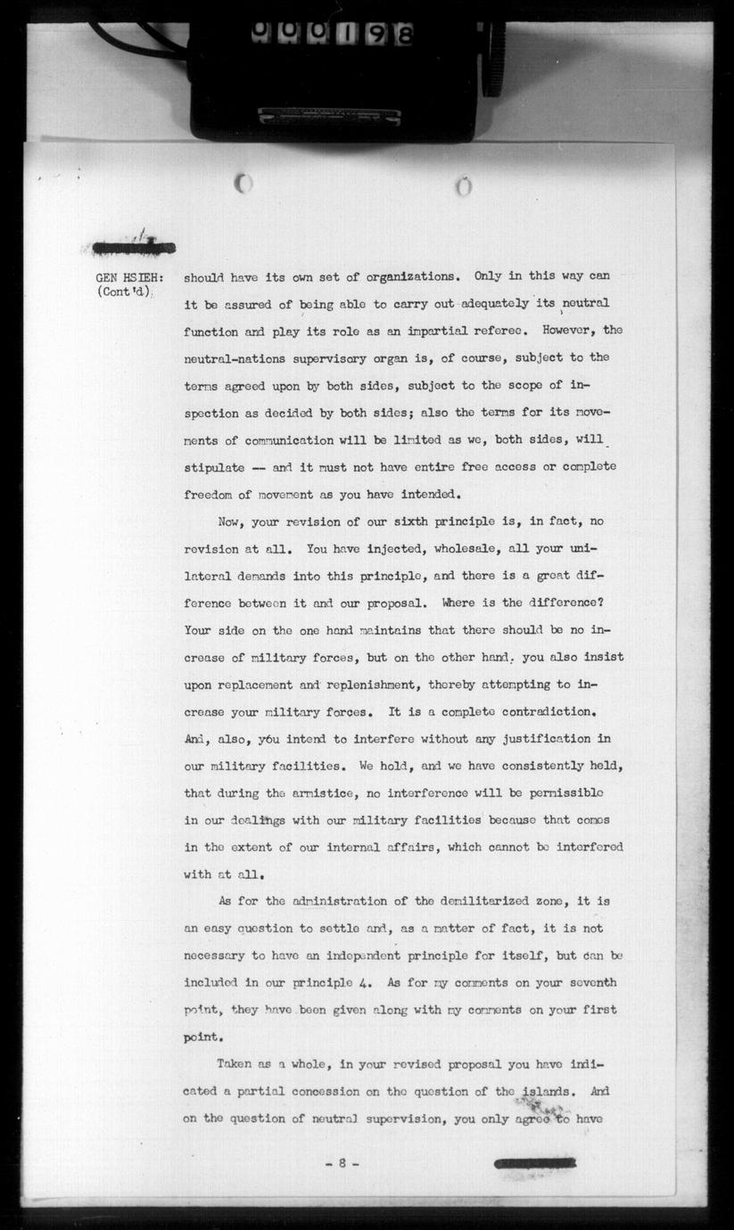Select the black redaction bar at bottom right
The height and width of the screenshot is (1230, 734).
pyautogui.click(x=535, y=1163)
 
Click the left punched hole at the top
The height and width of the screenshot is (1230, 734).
pyautogui.click(x=243, y=184)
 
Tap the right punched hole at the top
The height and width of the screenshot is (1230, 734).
pyautogui.click(x=463, y=187)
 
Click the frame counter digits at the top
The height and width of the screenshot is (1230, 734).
pyautogui.click(x=332, y=33)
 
